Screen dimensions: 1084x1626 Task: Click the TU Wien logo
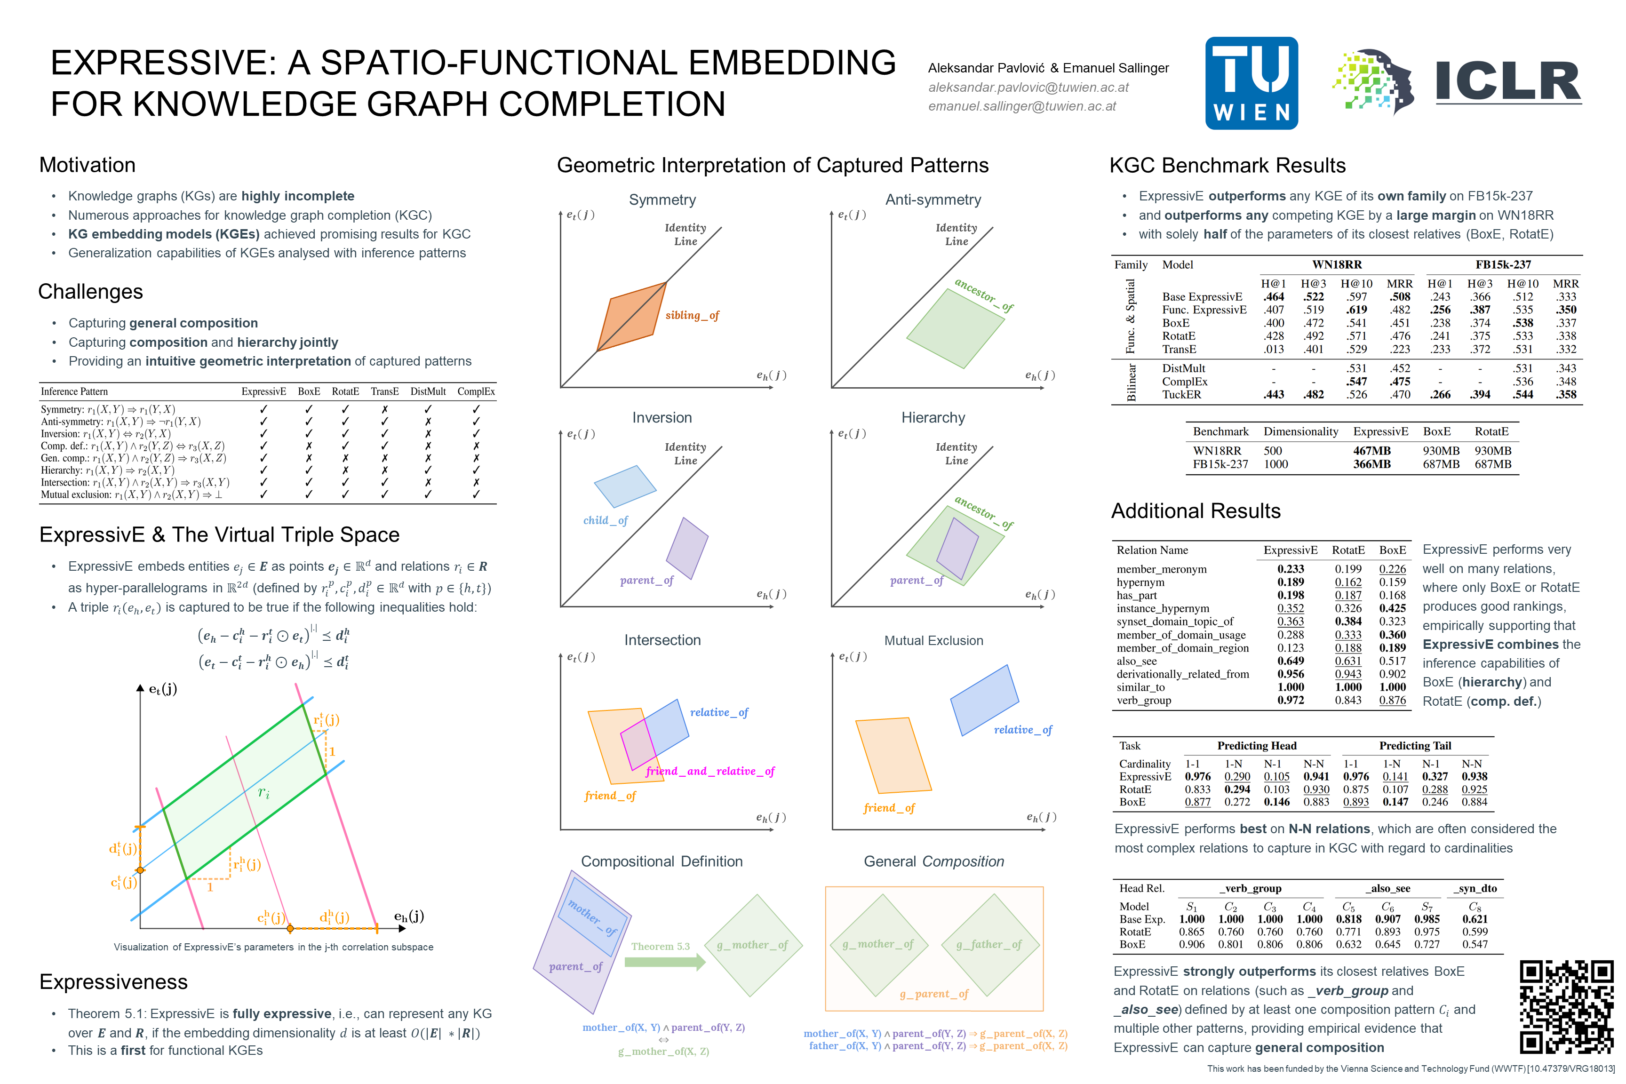(x=1251, y=83)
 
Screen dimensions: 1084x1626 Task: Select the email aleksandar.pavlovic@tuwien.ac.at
(x=1028, y=87)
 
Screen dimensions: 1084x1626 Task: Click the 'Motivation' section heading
(x=87, y=165)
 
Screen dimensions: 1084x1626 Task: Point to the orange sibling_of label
(x=692, y=315)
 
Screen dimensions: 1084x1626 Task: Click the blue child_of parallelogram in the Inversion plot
(x=624, y=486)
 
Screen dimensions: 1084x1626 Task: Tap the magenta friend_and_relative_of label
(x=710, y=771)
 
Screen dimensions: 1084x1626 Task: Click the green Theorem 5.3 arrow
(x=664, y=961)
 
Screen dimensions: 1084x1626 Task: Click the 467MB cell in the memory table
(x=1371, y=451)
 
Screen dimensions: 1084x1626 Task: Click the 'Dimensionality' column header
(x=1300, y=431)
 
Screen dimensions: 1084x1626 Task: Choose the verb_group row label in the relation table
(x=1143, y=700)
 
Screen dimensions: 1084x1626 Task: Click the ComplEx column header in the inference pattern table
(x=476, y=391)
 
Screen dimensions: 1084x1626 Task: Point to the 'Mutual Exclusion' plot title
(x=933, y=641)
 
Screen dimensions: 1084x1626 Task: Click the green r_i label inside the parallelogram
(x=263, y=792)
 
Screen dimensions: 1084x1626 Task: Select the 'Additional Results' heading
(x=1196, y=511)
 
